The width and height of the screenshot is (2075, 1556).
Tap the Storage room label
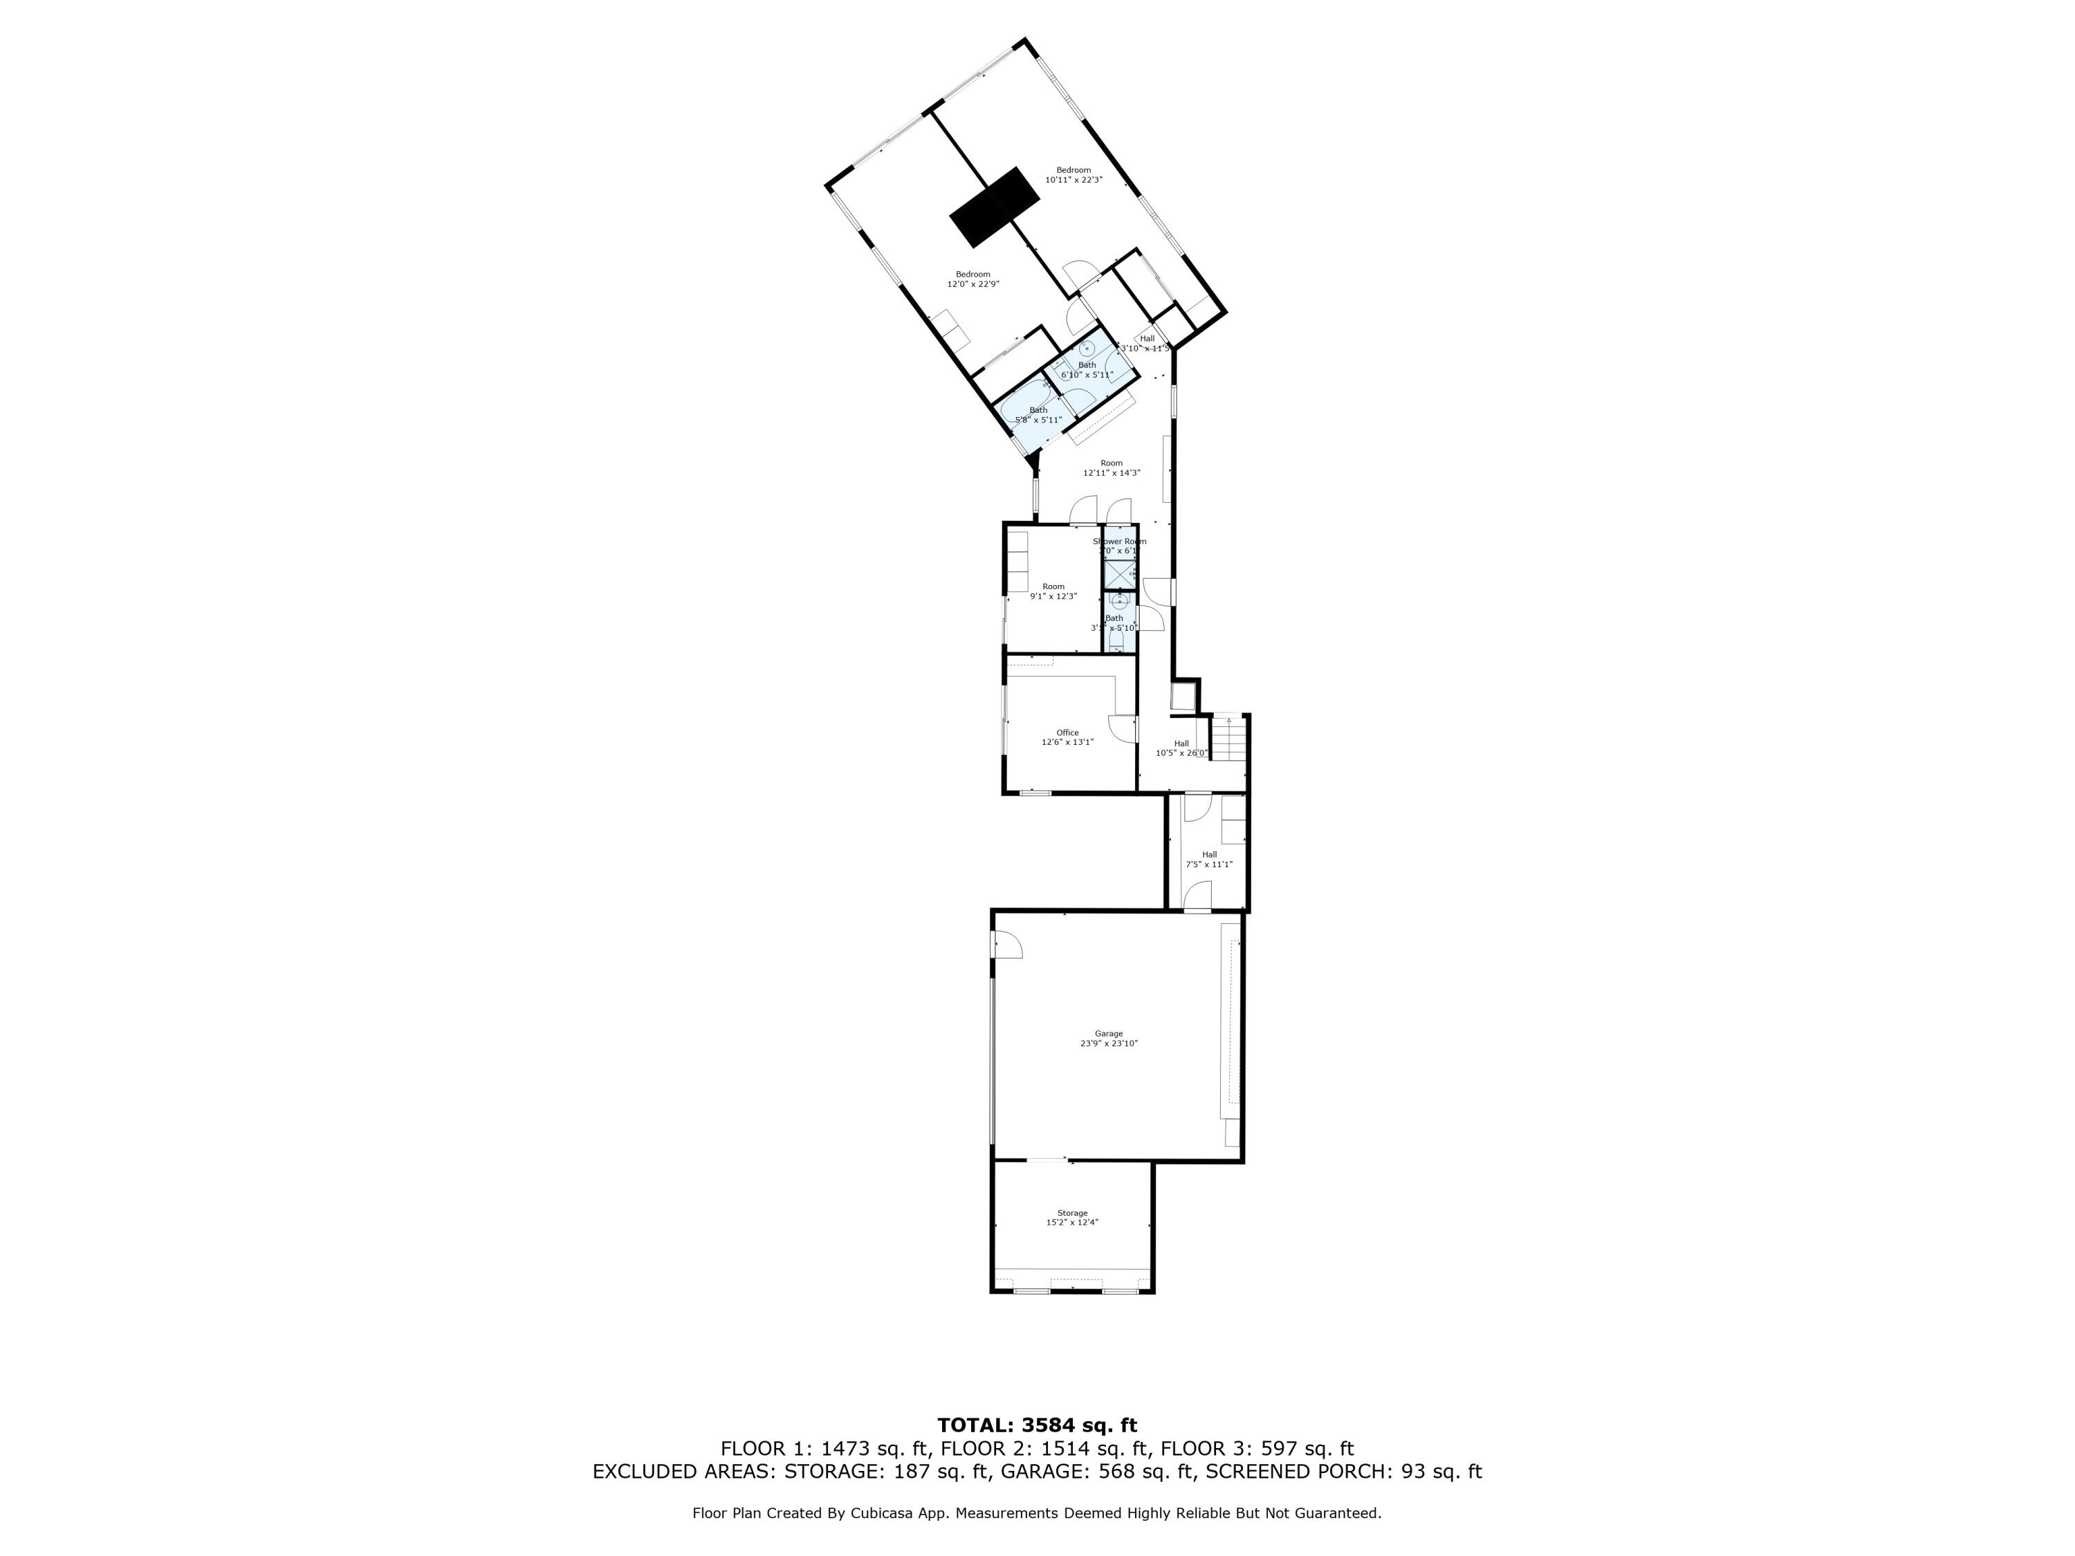pyautogui.click(x=1072, y=1213)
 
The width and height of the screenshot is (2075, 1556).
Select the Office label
pyautogui.click(x=1067, y=732)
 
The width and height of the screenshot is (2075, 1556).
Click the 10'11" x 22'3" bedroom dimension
pyautogui.click(x=1073, y=180)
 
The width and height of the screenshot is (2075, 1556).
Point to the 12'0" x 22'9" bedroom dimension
pyautogui.click(x=972, y=284)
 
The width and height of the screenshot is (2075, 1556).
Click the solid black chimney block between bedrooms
pyautogui.click(x=995, y=207)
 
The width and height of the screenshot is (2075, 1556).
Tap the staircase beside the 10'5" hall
pyautogui.click(x=1227, y=738)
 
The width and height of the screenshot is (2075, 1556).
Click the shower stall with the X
pyautogui.click(x=1118, y=573)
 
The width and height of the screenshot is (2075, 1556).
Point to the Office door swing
pyautogui.click(x=1121, y=728)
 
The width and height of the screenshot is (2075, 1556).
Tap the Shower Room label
pyautogui.click(x=1119, y=541)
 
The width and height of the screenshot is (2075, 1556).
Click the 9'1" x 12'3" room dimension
pyautogui.click(x=1053, y=597)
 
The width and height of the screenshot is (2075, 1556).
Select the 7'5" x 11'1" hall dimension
pyautogui.click(x=1209, y=864)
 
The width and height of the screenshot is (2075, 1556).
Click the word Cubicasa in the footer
pyautogui.click(x=881, y=1513)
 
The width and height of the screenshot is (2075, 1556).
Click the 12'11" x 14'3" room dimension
pyautogui.click(x=1112, y=474)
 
